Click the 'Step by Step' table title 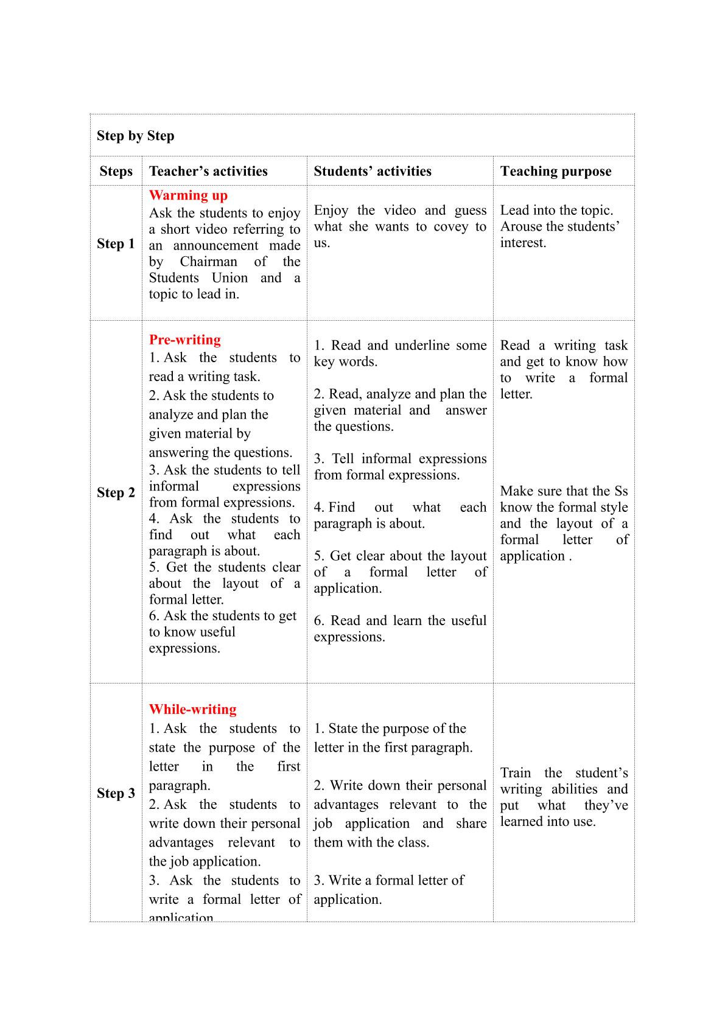click(135, 136)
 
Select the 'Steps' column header click(116, 172)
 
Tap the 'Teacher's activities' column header click(208, 172)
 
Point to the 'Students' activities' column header click(373, 172)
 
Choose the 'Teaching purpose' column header click(556, 172)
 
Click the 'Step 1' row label click(116, 244)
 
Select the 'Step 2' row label click(116, 493)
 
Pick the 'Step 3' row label click(116, 794)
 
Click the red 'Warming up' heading click(188, 195)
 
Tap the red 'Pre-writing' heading click(185, 340)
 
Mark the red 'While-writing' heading click(193, 710)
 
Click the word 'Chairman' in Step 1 click(208, 262)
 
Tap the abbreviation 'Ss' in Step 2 click(621, 491)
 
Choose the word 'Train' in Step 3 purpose click(516, 773)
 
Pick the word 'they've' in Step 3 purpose click(606, 806)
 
